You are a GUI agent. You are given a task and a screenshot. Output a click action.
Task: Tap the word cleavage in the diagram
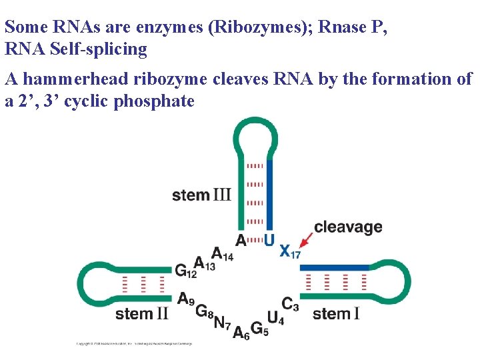tap(348, 227)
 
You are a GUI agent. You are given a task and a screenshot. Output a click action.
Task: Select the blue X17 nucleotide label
tap(289, 251)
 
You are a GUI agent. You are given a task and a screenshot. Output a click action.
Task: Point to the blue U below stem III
tap(269, 239)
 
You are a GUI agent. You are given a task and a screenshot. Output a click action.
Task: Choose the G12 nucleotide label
tap(185, 271)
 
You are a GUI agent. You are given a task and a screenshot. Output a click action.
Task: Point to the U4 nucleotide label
tap(275, 318)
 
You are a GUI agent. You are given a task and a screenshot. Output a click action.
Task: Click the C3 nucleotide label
tap(289, 304)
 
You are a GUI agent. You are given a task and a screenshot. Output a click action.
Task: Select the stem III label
tap(201, 195)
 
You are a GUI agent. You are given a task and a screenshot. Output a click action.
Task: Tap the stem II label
tap(141, 313)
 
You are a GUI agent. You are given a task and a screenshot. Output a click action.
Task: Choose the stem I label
tap(336, 313)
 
